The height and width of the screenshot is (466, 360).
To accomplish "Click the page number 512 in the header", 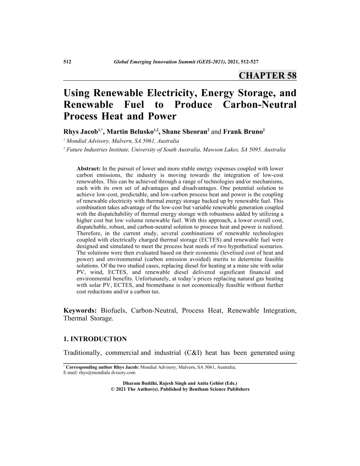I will click(x=68, y=63).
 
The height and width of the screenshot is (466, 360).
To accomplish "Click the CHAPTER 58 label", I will click(x=267, y=75).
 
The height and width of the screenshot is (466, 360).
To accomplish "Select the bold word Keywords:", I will click(x=80, y=311).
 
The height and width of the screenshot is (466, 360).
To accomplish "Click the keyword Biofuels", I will click(x=115, y=311).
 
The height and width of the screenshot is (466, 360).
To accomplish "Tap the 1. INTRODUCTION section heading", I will click(x=95, y=339).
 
